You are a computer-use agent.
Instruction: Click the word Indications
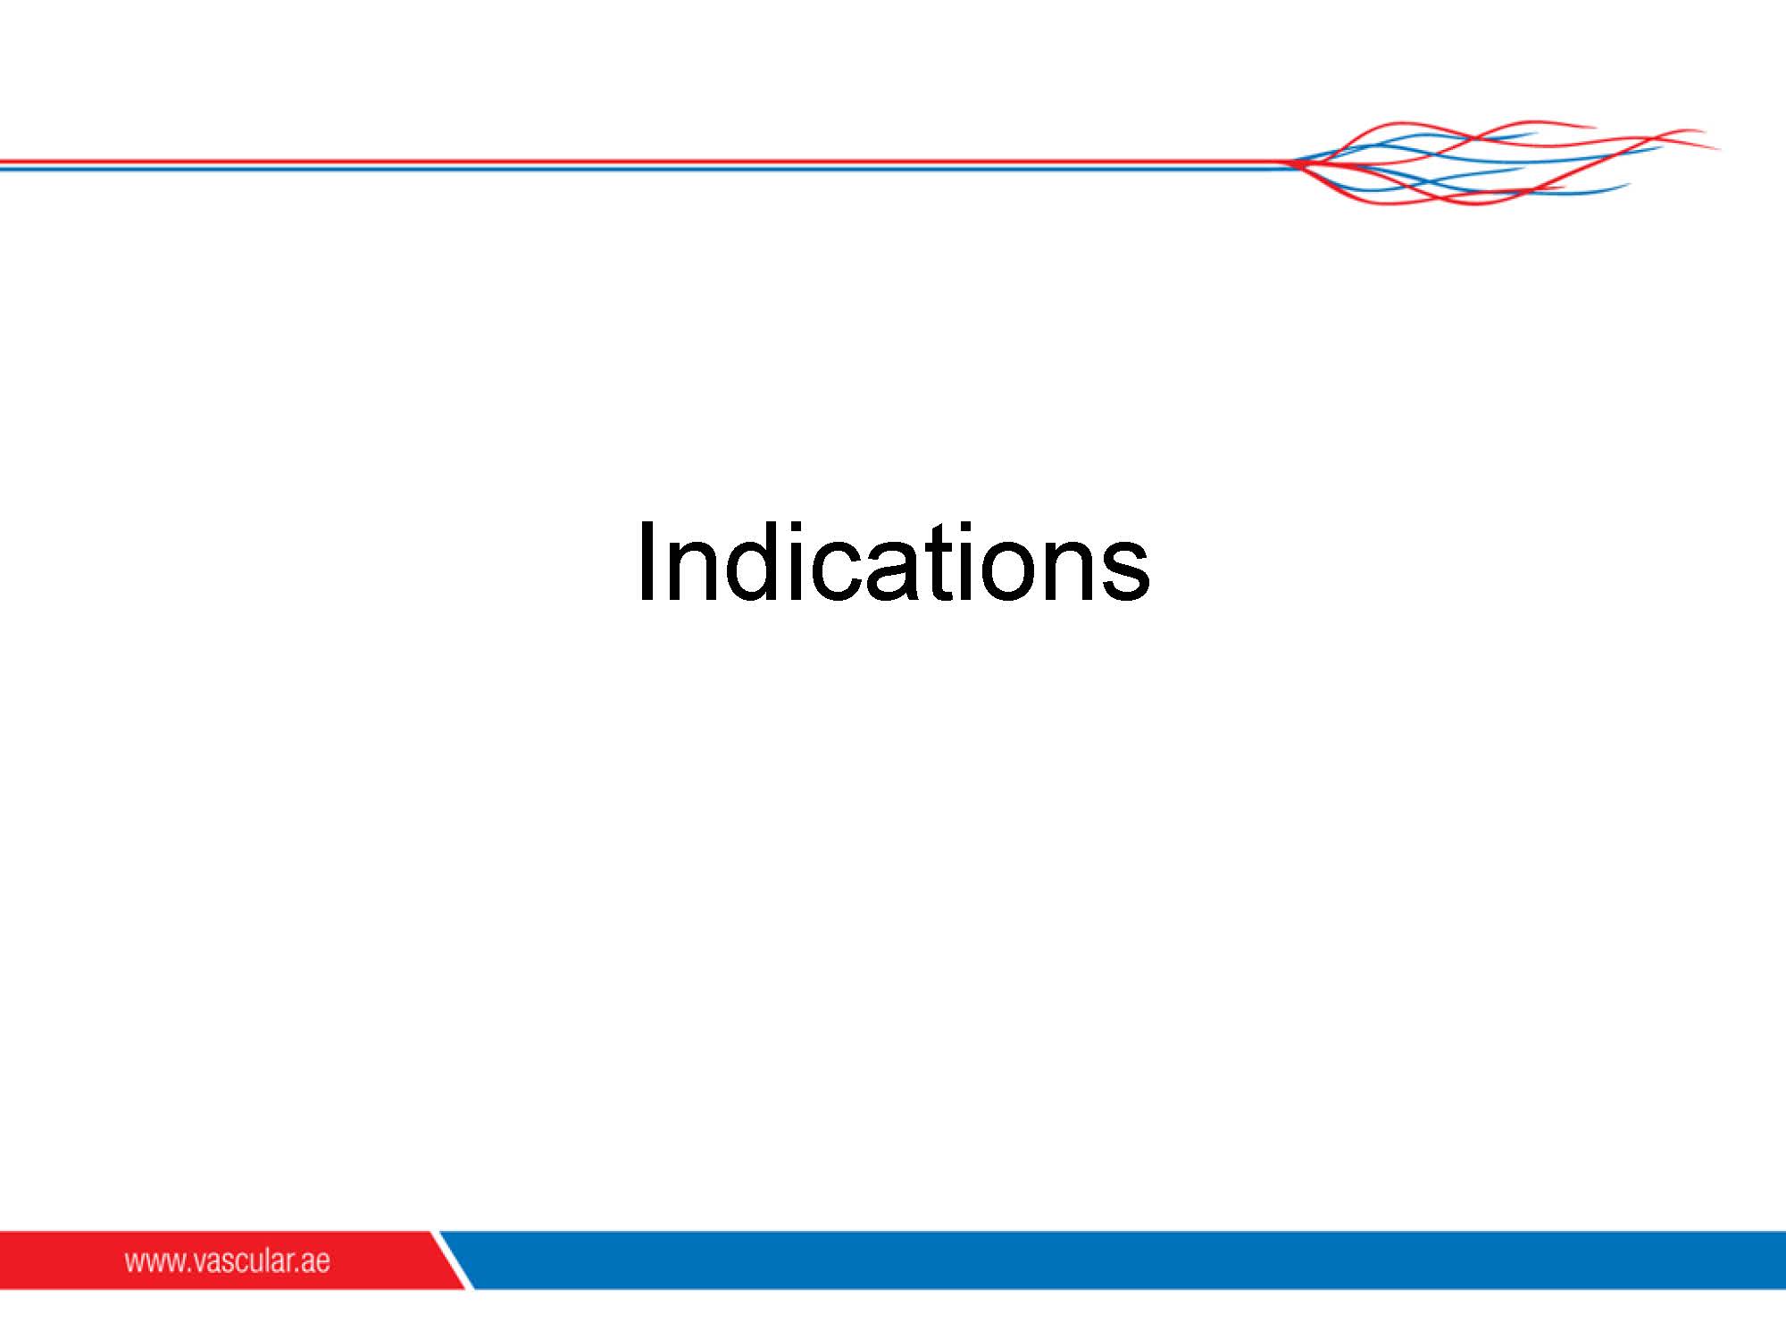tap(894, 561)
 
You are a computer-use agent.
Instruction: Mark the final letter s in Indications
tap(1125, 572)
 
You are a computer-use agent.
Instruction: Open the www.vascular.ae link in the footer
tap(227, 1260)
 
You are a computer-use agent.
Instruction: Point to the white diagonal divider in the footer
tap(453, 1260)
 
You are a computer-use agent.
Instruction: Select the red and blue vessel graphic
tap(1505, 162)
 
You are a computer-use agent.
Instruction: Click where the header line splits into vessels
tap(1290, 163)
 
